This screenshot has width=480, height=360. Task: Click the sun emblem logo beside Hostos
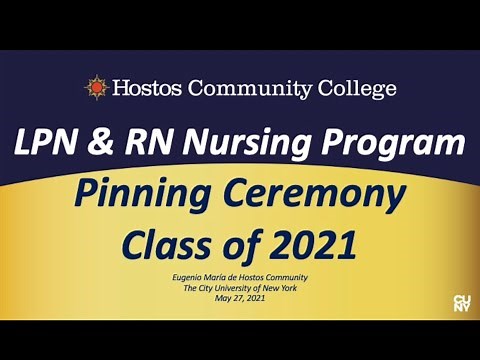tap(96, 87)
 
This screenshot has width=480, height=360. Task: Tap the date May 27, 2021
tap(240, 299)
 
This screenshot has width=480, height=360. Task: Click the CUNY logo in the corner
tap(462, 303)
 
